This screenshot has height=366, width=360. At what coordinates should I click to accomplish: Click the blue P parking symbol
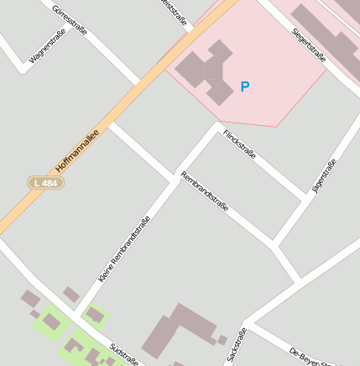coord(245,86)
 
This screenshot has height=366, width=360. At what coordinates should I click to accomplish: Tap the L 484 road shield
coord(45,182)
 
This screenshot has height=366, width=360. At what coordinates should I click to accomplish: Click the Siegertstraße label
coord(308,44)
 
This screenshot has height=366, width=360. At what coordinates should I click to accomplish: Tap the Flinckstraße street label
coord(239,144)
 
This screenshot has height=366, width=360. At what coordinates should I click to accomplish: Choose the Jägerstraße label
coord(324,176)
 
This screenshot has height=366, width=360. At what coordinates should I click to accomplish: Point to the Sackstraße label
coord(237,345)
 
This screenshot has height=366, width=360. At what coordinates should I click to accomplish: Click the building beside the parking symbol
coord(206,72)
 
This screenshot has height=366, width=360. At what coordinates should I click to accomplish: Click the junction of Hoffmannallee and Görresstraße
coord(139,83)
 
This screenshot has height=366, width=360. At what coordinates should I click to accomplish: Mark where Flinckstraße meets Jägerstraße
coord(305,201)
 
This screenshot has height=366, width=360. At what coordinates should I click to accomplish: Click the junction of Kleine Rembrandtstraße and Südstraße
coord(77,316)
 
